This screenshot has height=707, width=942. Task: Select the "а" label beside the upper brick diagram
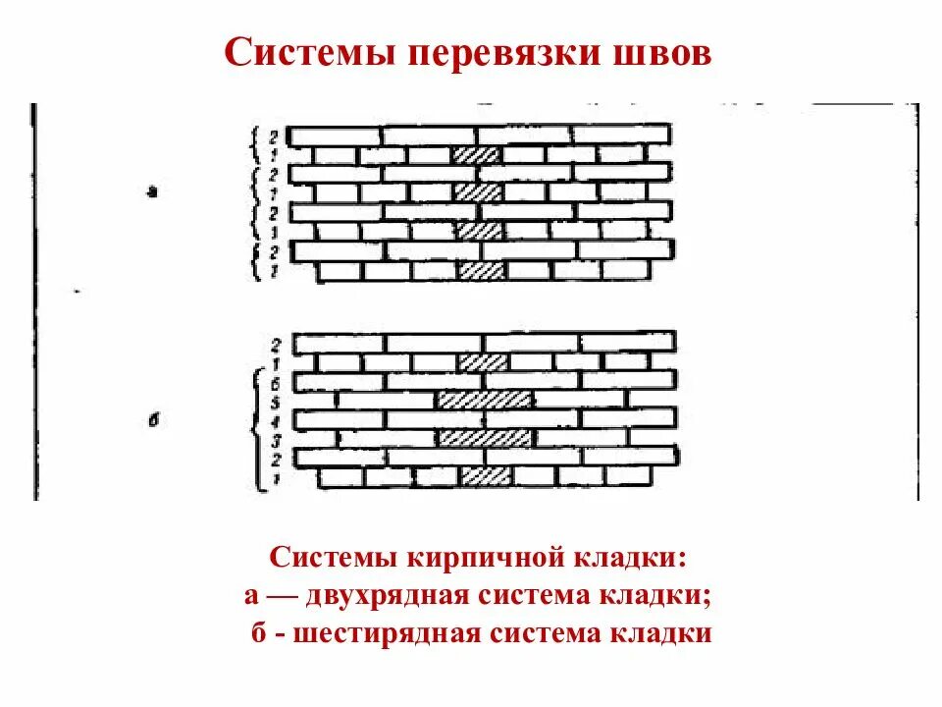pyautogui.click(x=151, y=192)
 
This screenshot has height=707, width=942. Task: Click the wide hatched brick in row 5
pyautogui.click(x=486, y=400)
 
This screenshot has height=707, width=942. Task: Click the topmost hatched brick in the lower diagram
pyautogui.click(x=484, y=362)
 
